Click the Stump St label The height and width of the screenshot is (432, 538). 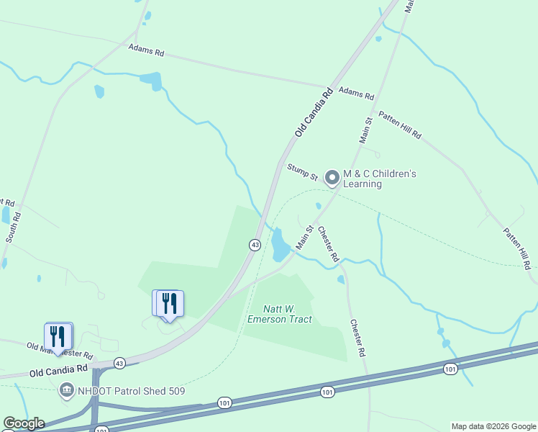[302, 171]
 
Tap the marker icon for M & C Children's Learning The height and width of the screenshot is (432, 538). [332, 176]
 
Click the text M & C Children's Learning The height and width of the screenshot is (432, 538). [379, 179]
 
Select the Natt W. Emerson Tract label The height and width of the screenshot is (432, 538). [279, 314]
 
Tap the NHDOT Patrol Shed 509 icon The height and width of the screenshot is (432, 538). [66, 391]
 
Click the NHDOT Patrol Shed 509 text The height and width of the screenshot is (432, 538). [131, 391]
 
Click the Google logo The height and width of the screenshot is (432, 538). [24, 423]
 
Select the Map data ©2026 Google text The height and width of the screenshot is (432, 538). [493, 426]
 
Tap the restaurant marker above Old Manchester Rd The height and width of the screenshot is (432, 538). [58, 336]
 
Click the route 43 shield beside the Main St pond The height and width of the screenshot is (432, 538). [255, 245]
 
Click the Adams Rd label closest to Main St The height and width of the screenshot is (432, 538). [356, 94]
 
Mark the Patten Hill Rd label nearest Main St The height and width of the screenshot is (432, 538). [399, 125]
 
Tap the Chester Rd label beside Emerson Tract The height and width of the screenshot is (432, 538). [357, 338]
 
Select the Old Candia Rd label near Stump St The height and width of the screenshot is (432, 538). [314, 113]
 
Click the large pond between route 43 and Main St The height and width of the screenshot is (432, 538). [279, 246]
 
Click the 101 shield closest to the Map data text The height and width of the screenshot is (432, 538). [450, 369]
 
